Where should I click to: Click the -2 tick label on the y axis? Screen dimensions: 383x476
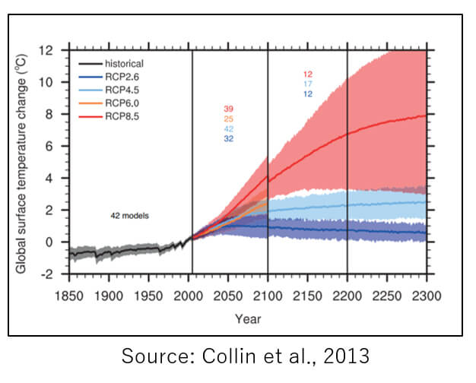tap(46, 274)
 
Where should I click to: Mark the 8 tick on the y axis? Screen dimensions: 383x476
tap(49, 114)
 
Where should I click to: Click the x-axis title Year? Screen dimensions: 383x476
tap(248, 318)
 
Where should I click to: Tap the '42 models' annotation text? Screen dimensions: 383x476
tap(129, 216)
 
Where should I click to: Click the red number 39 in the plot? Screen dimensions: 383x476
tap(229, 109)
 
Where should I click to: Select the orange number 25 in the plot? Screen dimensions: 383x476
tap(229, 119)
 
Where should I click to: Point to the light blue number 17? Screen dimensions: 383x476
tap(308, 84)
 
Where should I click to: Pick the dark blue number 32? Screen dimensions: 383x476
tap(229, 139)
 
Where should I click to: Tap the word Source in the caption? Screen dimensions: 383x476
tap(150, 356)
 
